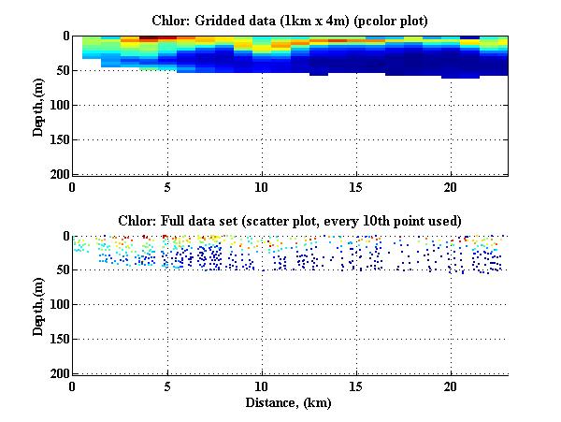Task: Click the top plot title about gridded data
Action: pyautogui.click(x=290, y=20)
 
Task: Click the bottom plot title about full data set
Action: pyautogui.click(x=290, y=221)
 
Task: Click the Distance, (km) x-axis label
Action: pyautogui.click(x=290, y=402)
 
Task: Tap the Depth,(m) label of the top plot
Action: pyautogui.click(x=38, y=105)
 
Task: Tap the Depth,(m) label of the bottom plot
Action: pyautogui.click(x=38, y=305)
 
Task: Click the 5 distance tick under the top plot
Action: pyautogui.click(x=167, y=186)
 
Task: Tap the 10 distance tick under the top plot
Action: pyautogui.click(x=262, y=186)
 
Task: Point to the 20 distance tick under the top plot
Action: pyautogui.click(x=451, y=186)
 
